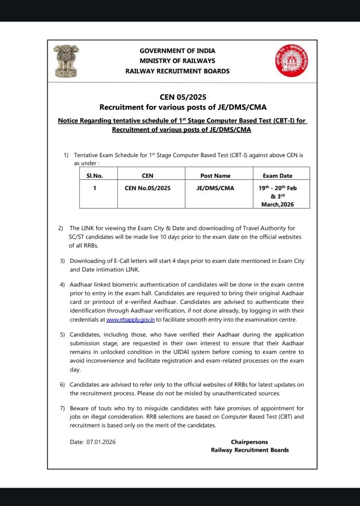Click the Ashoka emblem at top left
pyautogui.click(x=67, y=60)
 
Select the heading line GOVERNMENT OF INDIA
pyautogui.click(x=177, y=51)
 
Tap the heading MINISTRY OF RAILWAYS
pyautogui.click(x=177, y=61)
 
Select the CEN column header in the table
pyautogui.click(x=147, y=175)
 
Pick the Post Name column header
pyautogui.click(x=215, y=175)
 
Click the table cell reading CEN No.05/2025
pyautogui.click(x=147, y=188)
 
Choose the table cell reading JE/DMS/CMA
pyautogui.click(x=215, y=188)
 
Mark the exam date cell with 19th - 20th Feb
pyautogui.click(x=278, y=188)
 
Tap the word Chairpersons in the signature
pyautogui.click(x=249, y=442)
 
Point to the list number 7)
pyautogui.click(x=62, y=408)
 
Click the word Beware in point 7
pyautogui.click(x=80, y=408)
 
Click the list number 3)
pyautogui.click(x=62, y=260)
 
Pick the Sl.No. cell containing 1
pyautogui.click(x=94, y=188)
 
